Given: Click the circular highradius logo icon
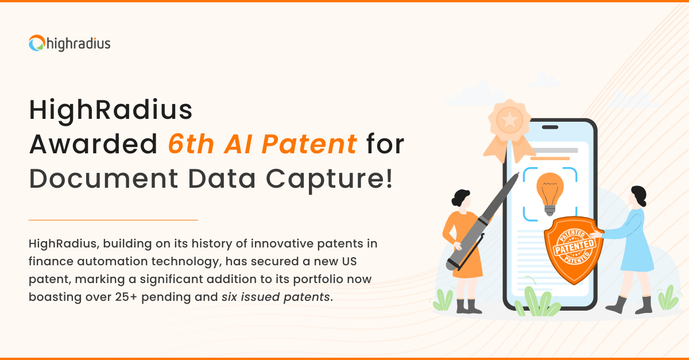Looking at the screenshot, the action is coord(37,43).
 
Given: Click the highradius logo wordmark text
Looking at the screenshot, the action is coord(79,44).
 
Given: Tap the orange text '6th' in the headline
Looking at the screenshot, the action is coord(191,144).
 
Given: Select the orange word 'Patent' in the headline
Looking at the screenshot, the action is coord(309,144).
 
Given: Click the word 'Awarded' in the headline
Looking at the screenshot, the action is coord(93,144).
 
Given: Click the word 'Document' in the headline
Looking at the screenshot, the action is coord(104,179).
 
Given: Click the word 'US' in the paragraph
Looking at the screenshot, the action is coord(349,262).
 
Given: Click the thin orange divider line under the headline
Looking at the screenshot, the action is coord(113,220).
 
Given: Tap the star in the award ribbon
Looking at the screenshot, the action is coord(509,119).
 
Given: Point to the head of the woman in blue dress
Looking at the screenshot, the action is coord(637,196).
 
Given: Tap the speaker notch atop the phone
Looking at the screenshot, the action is coord(550,127).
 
